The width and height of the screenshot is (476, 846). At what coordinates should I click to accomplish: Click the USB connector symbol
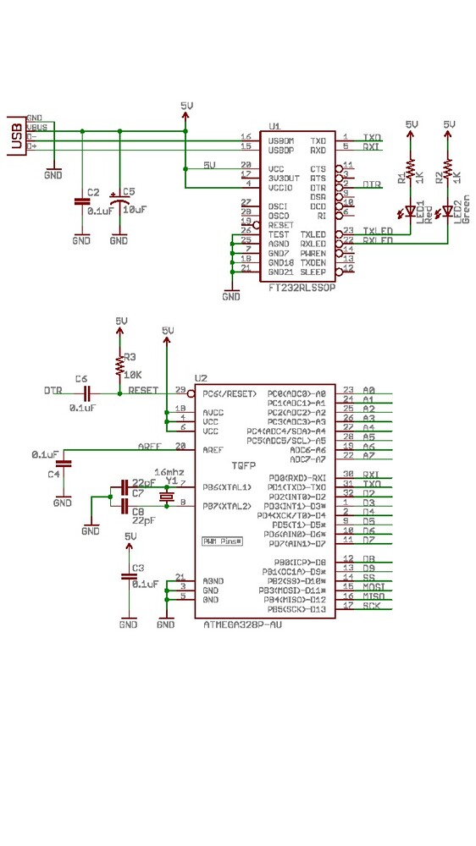coord(15,135)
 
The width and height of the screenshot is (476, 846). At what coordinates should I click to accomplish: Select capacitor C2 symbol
coord(81,201)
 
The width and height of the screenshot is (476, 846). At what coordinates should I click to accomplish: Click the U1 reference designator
coord(274,124)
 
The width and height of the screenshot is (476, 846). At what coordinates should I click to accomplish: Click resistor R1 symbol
coord(411,172)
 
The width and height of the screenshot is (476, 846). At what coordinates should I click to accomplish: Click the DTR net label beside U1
coord(371,184)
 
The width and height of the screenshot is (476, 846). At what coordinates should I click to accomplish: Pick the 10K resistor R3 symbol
coord(120,365)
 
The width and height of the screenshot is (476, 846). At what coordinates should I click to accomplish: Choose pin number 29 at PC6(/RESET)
coord(180,389)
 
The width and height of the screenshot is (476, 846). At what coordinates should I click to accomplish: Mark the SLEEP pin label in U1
coord(313,272)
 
